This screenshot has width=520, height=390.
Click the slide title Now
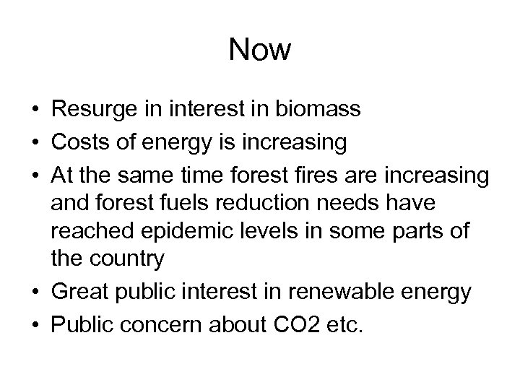click(x=260, y=51)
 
